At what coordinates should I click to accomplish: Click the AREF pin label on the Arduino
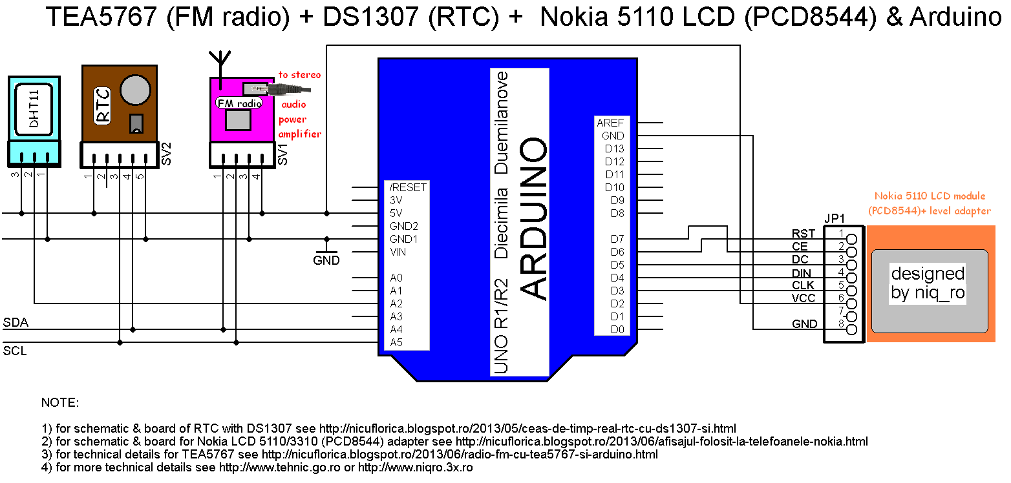click(x=610, y=123)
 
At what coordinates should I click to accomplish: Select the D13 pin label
click(x=614, y=149)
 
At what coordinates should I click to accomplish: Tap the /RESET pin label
click(x=408, y=187)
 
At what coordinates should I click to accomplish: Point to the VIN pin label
click(x=398, y=252)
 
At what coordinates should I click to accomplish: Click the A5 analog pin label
click(x=396, y=342)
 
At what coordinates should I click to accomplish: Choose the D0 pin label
click(x=617, y=329)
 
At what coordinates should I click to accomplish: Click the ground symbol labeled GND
click(x=326, y=261)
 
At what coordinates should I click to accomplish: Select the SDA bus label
click(x=16, y=322)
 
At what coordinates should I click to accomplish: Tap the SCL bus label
click(x=15, y=351)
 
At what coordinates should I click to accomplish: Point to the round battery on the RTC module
click(x=137, y=89)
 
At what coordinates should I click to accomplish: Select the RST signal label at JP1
click(x=800, y=233)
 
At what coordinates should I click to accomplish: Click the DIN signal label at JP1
click(x=801, y=272)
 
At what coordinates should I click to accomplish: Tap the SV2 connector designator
click(x=166, y=154)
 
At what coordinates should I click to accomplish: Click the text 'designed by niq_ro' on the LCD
click(x=928, y=283)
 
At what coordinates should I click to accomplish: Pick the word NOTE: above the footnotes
click(x=60, y=403)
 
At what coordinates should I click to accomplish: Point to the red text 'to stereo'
click(x=299, y=75)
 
